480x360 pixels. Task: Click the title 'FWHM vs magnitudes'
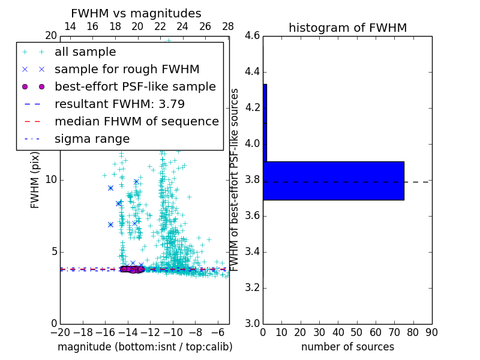coord(136,13)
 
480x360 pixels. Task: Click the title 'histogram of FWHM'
coord(347,28)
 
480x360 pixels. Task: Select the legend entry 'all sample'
coord(85,52)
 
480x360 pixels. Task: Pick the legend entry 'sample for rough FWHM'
coord(127,70)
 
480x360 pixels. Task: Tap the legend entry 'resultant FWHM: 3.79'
coord(119,104)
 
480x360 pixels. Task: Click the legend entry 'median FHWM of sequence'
coord(136,122)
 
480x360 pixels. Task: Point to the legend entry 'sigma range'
coord(92,139)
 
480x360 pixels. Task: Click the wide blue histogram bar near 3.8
coord(334,181)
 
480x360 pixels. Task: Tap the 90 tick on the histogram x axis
coord(431,332)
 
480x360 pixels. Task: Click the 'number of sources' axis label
coord(347,347)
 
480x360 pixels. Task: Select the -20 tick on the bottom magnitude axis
coord(60,332)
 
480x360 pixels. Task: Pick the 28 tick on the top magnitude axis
coord(228,26)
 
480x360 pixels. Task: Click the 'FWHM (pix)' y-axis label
coord(35,180)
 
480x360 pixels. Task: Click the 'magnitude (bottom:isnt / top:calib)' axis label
coord(145,347)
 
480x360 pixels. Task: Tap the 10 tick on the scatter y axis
coord(50,179)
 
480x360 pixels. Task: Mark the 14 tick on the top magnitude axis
coord(70,26)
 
